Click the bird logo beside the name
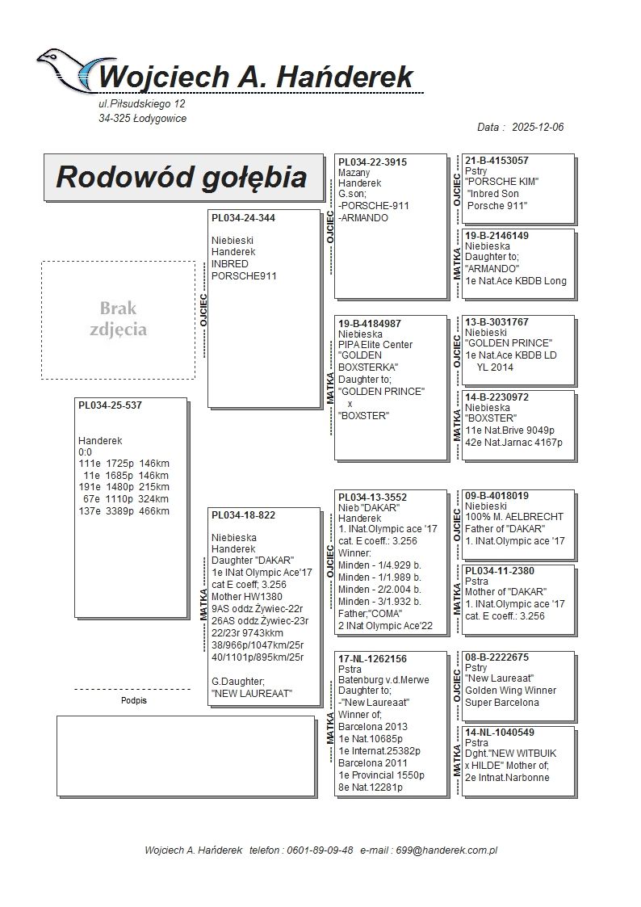(69, 71)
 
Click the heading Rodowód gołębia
(181, 177)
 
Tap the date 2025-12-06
(537, 128)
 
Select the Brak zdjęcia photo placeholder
(118, 320)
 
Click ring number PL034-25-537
(110, 405)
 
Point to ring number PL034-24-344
(243, 218)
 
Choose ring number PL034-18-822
(243, 515)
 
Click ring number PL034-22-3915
(372, 162)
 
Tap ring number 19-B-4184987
(370, 323)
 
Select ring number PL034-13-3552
(372, 498)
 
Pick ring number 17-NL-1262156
(372, 659)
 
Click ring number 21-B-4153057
(496, 161)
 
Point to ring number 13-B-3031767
(496, 322)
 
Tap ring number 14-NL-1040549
(499, 733)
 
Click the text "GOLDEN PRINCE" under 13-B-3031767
(509, 343)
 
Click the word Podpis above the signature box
(134, 701)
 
